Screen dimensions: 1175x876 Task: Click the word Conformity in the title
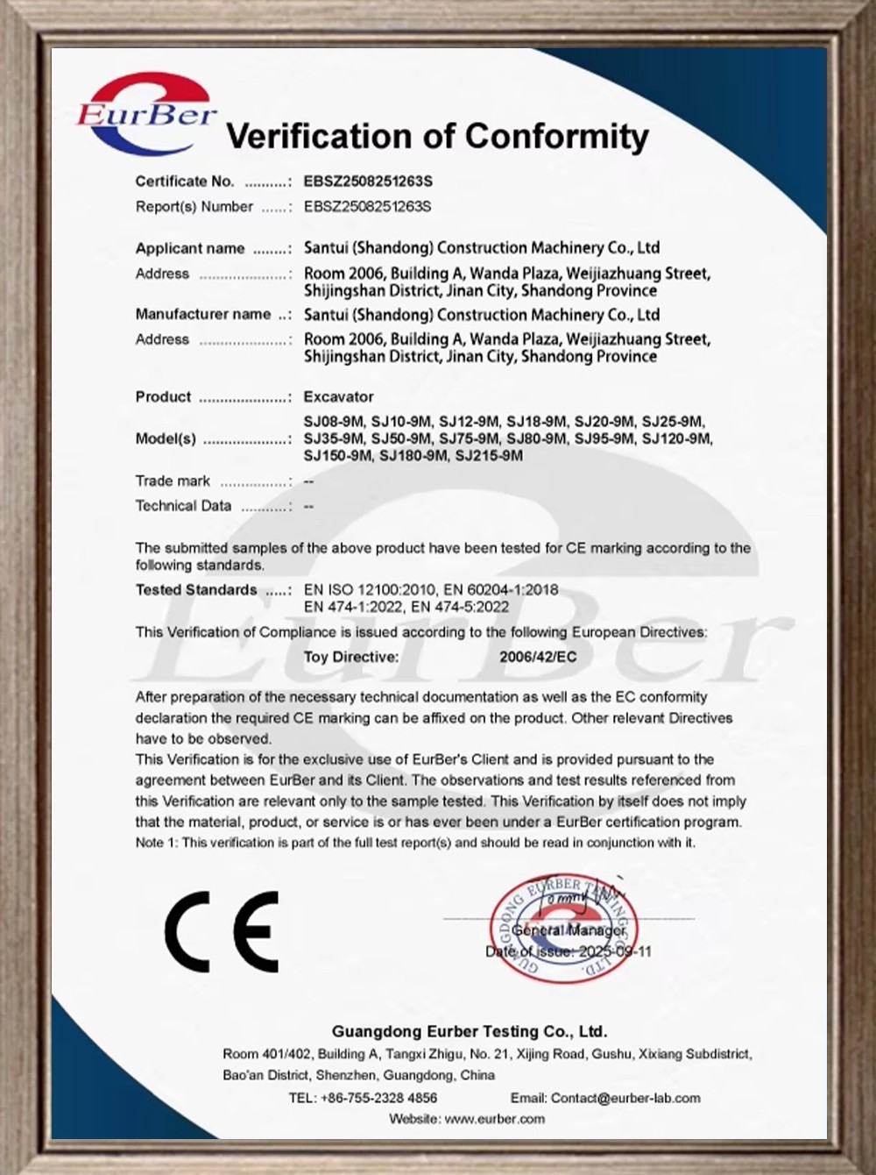[x=557, y=136]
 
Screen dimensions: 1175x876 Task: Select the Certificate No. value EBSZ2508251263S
[x=368, y=182]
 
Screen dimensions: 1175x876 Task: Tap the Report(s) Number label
[x=194, y=207]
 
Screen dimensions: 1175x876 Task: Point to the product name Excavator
[x=338, y=396]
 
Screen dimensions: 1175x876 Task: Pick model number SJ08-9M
[x=333, y=422]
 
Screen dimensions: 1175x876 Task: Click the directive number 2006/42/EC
[x=538, y=656]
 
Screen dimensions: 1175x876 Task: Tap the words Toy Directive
[x=351, y=656]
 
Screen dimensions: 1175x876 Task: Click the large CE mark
[x=222, y=931]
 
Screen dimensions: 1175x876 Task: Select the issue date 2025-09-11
[x=616, y=951]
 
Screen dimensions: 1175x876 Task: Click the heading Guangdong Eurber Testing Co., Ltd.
[x=469, y=1031]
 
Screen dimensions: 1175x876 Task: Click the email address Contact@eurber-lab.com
[x=625, y=1098]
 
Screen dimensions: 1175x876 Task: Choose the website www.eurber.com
[x=494, y=1119]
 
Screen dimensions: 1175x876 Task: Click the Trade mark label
[x=173, y=481]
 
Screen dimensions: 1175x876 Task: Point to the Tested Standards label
[x=196, y=589]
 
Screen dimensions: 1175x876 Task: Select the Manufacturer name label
[x=203, y=314]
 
